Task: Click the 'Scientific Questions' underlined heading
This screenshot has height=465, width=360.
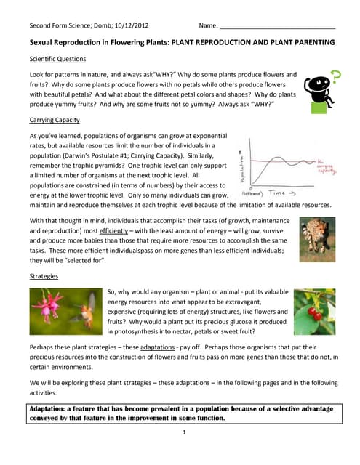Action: click(57, 59)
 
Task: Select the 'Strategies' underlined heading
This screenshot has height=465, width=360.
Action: click(44, 276)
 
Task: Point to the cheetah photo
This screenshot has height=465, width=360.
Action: click(317, 239)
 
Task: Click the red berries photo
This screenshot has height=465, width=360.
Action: click(314, 312)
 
